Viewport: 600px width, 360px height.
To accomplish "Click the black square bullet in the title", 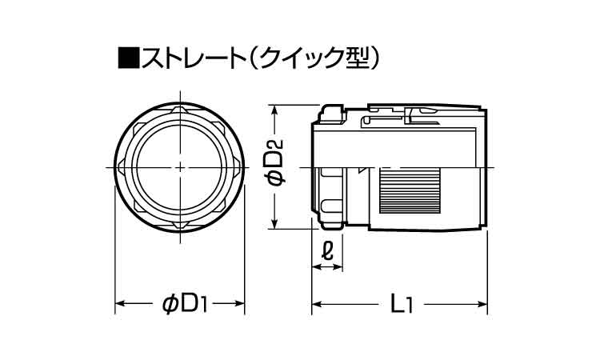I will point(128,58).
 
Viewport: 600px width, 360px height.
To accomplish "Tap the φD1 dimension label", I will point(180,304).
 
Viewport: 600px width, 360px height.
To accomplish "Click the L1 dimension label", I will point(400,304).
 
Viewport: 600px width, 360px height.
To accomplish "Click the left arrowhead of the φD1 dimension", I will point(121,304).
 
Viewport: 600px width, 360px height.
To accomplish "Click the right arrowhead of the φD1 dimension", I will point(240,304).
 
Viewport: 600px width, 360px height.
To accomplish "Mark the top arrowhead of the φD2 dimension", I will point(274,109).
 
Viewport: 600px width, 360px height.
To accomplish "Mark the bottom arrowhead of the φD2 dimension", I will point(274,226).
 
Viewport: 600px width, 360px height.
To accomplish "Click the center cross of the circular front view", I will point(180,167).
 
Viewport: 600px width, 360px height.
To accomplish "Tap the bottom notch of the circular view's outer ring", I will point(180,225).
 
